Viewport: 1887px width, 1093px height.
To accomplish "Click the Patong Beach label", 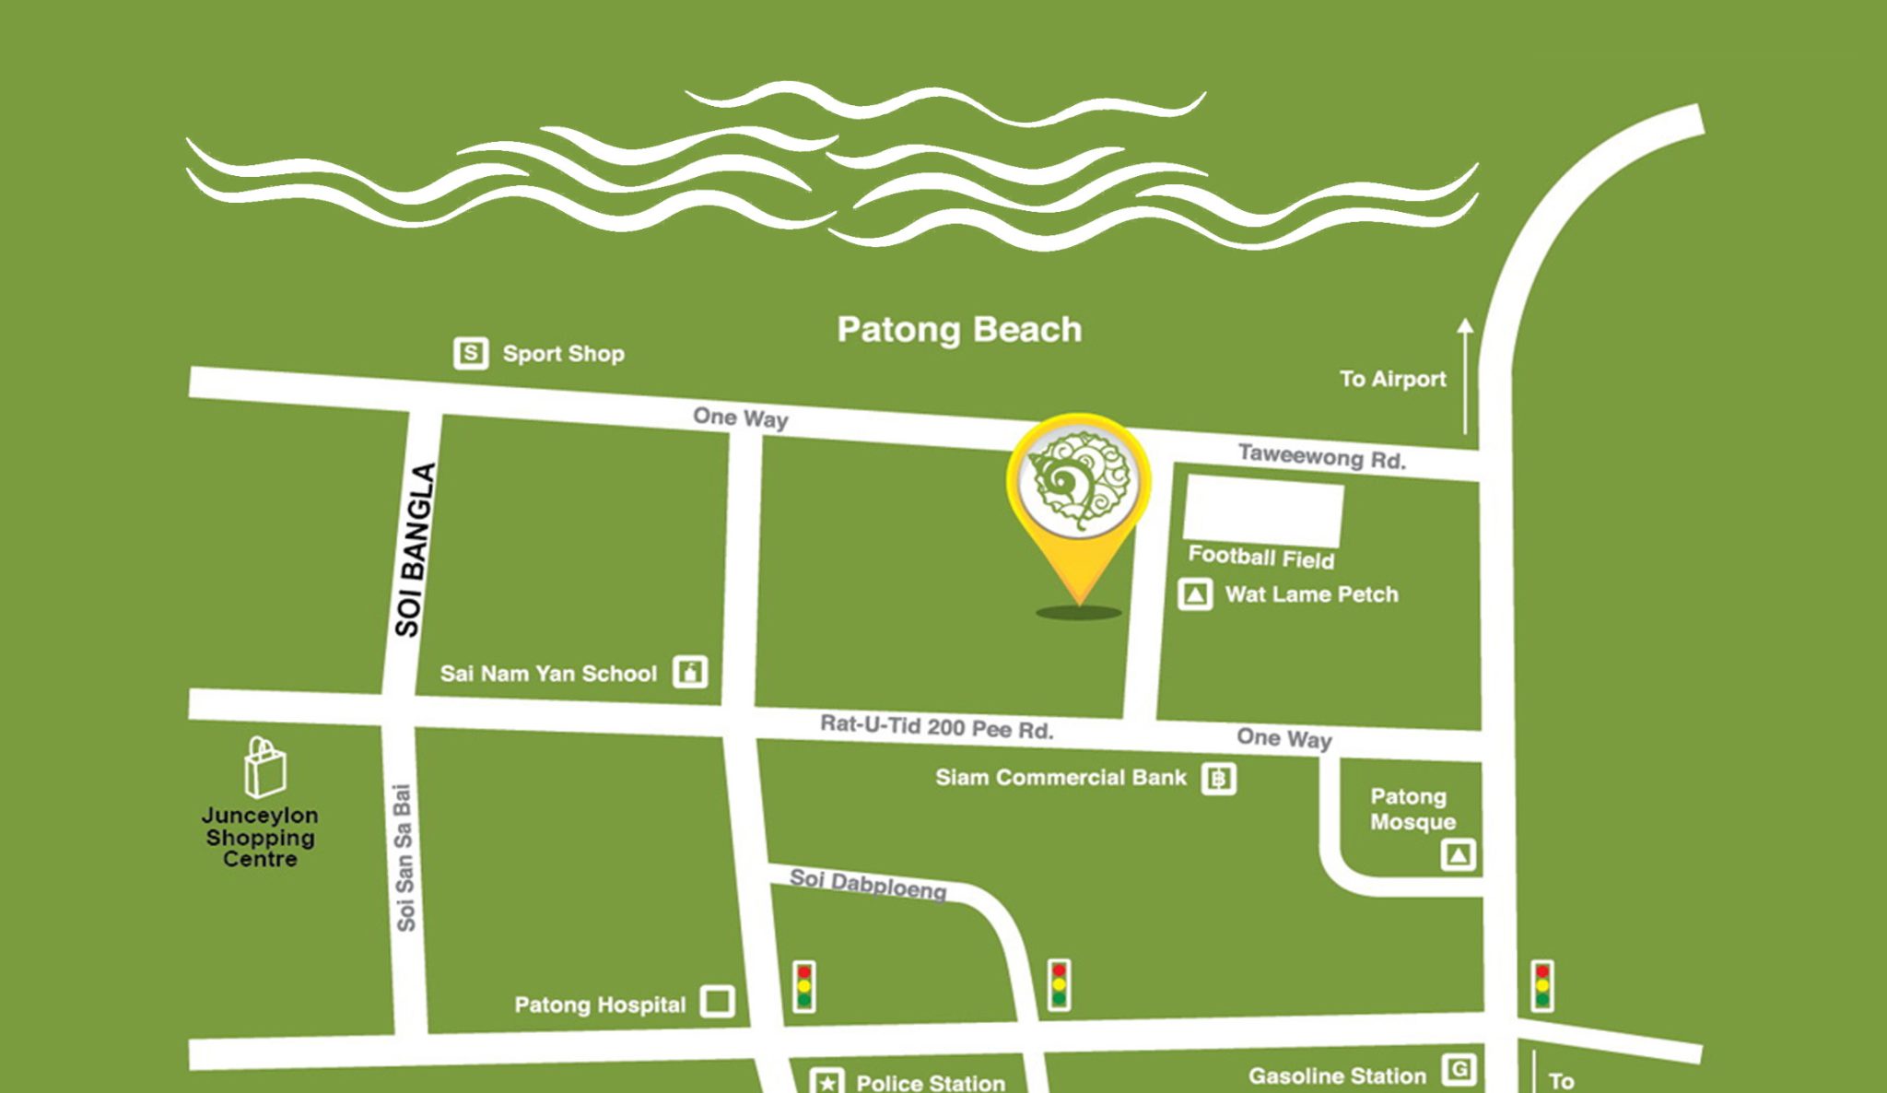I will point(959,330).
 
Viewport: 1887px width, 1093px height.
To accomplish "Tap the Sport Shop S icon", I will point(471,353).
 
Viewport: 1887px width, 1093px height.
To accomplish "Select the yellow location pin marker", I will point(1079,484).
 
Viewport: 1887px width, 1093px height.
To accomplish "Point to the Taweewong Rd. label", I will point(1321,457).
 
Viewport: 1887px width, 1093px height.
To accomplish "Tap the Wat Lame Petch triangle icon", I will point(1195,594).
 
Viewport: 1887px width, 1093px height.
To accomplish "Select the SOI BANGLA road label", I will point(414,550).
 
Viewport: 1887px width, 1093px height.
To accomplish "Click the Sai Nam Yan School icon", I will point(690,672).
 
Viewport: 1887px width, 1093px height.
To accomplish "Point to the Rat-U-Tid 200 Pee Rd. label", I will point(936,727).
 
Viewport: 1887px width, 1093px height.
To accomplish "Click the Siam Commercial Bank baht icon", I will point(1218,779).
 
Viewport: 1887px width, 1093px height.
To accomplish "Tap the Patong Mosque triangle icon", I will point(1458,855).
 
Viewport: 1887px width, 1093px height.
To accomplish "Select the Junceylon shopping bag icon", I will point(264,767).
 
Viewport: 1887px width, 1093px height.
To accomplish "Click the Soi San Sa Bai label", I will point(404,857).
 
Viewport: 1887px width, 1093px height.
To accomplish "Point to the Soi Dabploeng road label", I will point(868,884).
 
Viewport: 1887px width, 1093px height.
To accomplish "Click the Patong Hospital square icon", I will point(718,1001).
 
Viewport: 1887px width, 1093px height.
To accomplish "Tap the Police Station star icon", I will point(826,1082).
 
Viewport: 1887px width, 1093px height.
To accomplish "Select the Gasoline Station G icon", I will point(1459,1070).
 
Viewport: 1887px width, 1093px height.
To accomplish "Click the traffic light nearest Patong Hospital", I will point(804,986).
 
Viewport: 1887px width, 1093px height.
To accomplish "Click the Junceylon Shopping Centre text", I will point(260,837).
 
